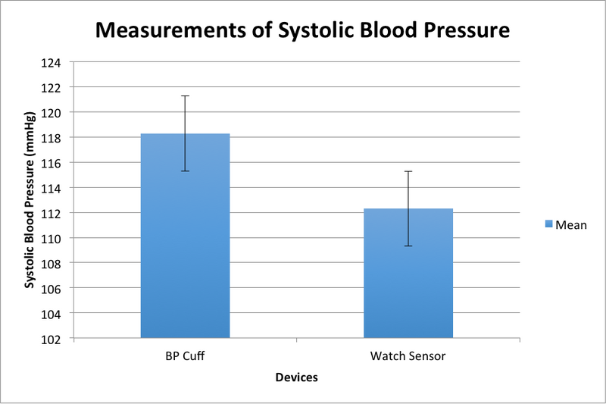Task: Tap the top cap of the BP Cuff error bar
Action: [x=185, y=96]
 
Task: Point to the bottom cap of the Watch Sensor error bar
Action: [x=408, y=246]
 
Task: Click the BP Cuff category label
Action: [x=185, y=355]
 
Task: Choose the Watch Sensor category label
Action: [x=408, y=355]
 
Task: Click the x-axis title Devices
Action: [x=296, y=377]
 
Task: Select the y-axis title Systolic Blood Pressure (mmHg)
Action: [x=30, y=200]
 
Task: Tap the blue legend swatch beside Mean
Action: [x=549, y=225]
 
